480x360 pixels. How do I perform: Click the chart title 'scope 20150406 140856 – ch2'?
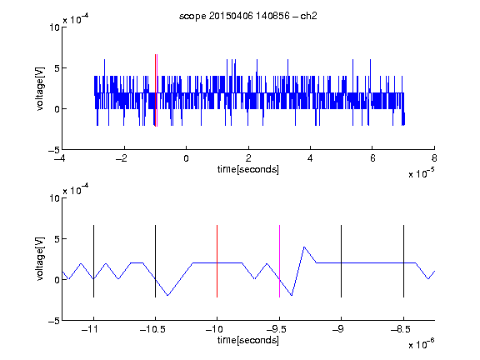tap(248, 16)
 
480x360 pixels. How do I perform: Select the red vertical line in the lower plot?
tap(217, 261)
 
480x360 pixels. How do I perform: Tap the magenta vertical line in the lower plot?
tap(279, 261)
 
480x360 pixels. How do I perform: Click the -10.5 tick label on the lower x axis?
tap(152, 329)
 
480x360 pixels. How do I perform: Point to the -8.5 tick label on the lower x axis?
tap(401, 329)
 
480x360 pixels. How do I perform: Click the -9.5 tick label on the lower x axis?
tap(277, 329)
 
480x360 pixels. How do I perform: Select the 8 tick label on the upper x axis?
tap(434, 158)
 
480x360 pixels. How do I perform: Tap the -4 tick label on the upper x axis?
tap(60, 158)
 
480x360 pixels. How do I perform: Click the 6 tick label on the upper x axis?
tap(372, 158)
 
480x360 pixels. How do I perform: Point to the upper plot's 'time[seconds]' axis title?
tap(248, 169)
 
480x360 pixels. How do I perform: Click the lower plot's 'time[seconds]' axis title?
tap(248, 340)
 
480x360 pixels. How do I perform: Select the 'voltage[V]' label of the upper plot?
tap(40, 88)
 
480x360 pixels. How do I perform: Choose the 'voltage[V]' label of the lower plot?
tap(40, 259)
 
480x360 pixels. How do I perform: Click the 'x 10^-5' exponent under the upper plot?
tap(422, 172)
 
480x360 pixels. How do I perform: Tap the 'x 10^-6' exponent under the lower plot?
tap(422, 343)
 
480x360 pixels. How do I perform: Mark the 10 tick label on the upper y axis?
tap(54, 27)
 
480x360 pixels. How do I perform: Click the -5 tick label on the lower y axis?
tap(54, 321)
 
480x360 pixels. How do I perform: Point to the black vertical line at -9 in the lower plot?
tap(342, 261)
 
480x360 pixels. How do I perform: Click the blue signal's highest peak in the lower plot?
tap(304, 247)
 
